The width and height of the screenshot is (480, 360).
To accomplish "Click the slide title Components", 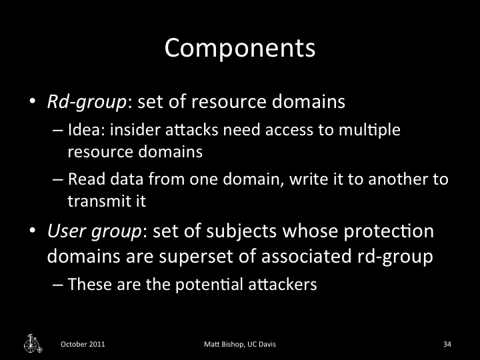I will point(239,48).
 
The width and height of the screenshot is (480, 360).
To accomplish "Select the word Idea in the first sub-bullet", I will point(81,130).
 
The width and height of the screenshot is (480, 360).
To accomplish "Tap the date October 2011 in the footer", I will point(83,344).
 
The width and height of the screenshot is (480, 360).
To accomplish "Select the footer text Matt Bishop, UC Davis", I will point(240,344).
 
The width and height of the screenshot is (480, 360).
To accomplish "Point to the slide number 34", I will point(447,344).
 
